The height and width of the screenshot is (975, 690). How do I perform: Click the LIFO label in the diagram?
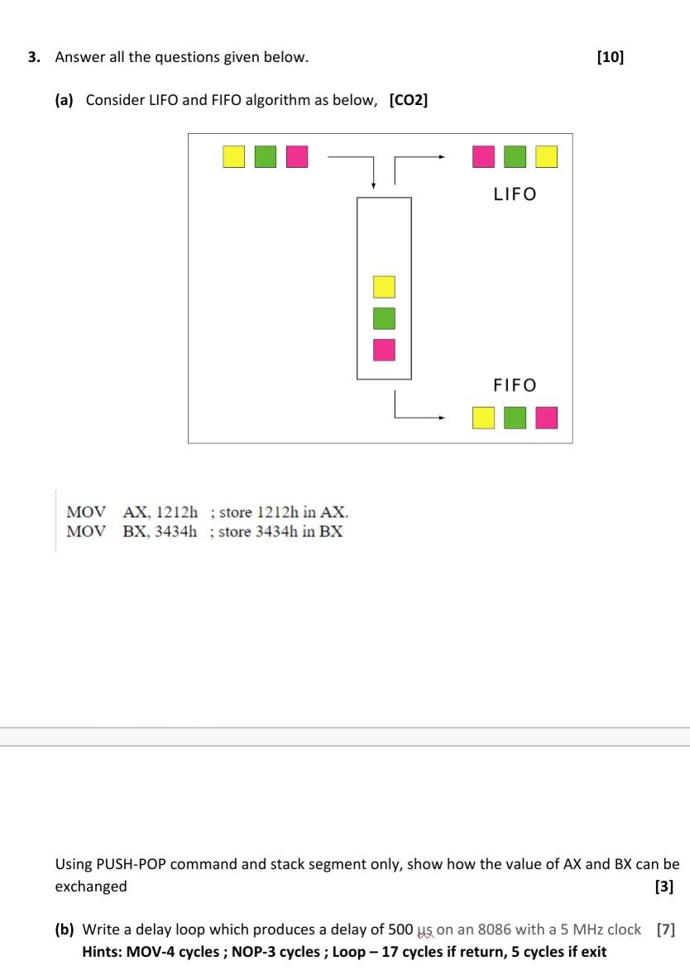click(515, 194)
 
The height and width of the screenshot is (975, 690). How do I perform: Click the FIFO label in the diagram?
click(515, 385)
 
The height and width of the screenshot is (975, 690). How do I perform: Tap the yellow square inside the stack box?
click(384, 287)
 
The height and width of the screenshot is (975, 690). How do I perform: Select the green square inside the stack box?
click(384, 318)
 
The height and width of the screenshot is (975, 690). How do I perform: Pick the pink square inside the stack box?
click(384, 350)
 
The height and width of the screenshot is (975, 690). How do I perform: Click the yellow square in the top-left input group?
click(234, 156)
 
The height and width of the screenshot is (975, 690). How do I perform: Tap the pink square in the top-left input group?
click(297, 156)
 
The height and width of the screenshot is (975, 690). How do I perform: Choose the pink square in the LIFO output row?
click(483, 156)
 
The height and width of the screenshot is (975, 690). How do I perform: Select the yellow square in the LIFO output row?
click(546, 156)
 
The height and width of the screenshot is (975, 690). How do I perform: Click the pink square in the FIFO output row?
click(546, 418)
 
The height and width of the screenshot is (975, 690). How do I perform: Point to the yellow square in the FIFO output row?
click(483, 418)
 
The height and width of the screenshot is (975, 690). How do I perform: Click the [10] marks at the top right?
click(610, 57)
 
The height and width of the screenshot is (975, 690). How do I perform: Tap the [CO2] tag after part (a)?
click(408, 100)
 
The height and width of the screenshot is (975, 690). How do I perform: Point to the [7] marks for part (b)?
click(665, 930)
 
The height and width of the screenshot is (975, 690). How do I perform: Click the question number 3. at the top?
click(34, 57)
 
